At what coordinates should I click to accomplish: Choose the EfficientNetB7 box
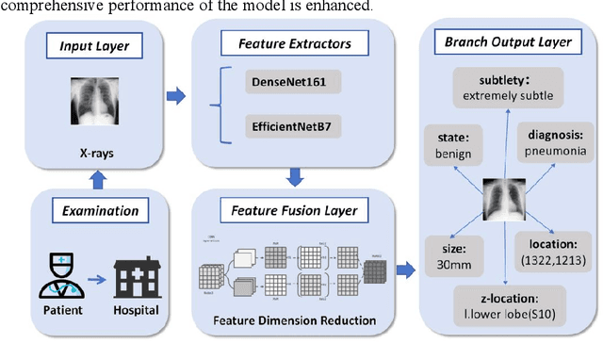[292, 123]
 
